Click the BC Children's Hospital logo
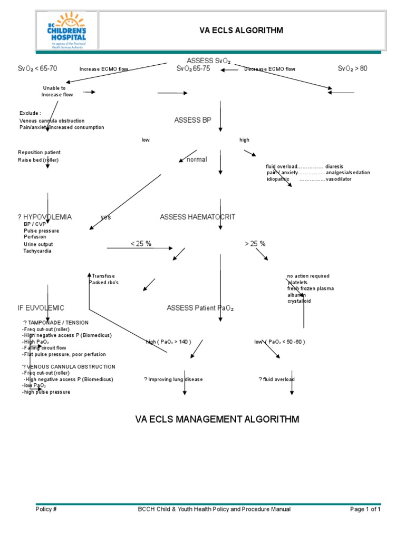[x=66, y=30]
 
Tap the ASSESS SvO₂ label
[x=208, y=61]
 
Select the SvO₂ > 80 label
[x=352, y=69]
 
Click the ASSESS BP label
[x=192, y=121]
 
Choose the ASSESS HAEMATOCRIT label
[x=197, y=217]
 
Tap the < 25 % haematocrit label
[x=141, y=244]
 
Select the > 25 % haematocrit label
[x=255, y=244]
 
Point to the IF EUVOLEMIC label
[x=41, y=307]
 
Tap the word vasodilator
[x=339, y=179]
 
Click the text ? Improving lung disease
[x=173, y=380]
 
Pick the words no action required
[x=308, y=276]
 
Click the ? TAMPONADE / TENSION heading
[x=55, y=322]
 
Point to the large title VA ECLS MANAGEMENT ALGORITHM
[x=217, y=420]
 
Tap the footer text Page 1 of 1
[x=365, y=509]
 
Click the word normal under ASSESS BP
[x=197, y=159]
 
